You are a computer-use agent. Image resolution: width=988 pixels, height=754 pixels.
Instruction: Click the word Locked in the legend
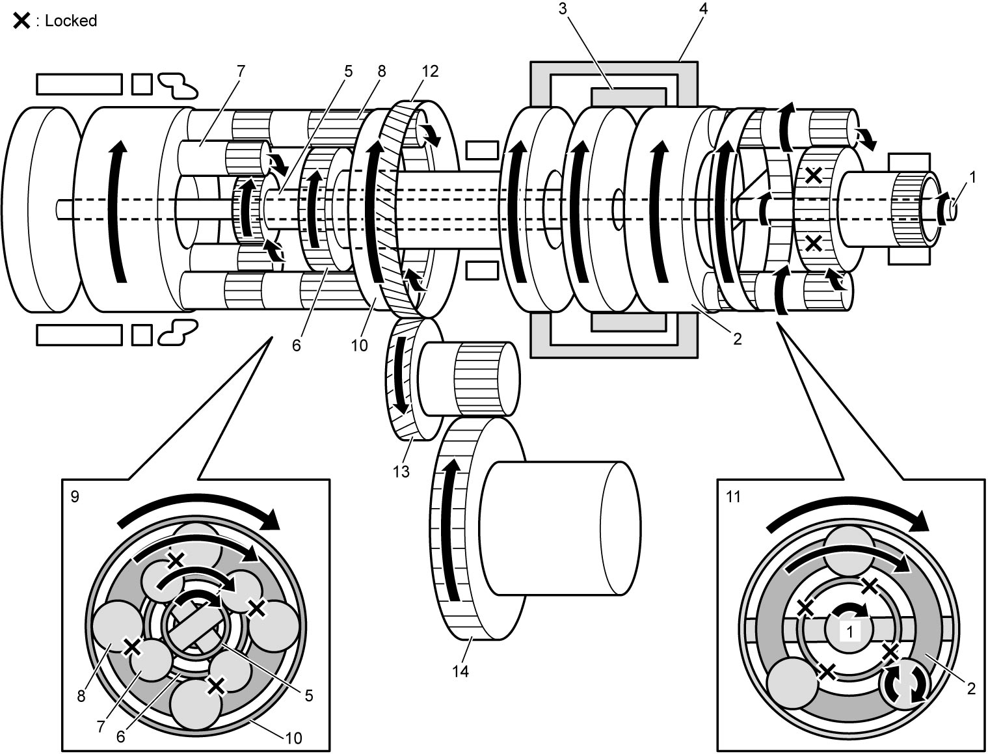[x=71, y=21]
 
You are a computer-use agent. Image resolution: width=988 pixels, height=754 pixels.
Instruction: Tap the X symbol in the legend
[x=21, y=21]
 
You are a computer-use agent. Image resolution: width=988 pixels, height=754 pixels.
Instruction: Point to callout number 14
[x=461, y=672]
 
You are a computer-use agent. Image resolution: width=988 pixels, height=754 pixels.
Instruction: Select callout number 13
[x=401, y=471]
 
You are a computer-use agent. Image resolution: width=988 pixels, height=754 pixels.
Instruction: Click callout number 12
[x=430, y=71]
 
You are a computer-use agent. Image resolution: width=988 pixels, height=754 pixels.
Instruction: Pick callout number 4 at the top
[x=702, y=8]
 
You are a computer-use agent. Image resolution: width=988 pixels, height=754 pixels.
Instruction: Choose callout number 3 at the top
[x=563, y=8]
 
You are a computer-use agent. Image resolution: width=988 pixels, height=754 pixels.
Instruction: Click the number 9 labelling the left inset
[x=75, y=496]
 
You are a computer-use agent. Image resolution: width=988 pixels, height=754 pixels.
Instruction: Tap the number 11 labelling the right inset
[x=733, y=496]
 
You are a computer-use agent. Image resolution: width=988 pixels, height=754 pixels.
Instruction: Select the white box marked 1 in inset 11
[x=849, y=632]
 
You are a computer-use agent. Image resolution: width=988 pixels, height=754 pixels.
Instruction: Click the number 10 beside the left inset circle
[x=293, y=738]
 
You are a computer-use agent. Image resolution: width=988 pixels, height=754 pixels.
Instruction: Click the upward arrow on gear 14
[x=451, y=530]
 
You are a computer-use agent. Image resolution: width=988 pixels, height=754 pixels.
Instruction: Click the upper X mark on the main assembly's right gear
[x=813, y=176]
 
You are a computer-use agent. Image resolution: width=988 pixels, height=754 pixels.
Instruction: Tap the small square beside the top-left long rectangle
[x=142, y=84]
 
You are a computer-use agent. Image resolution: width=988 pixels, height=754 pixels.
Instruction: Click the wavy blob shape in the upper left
[x=179, y=85]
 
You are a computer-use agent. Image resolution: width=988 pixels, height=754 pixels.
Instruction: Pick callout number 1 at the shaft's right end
[x=972, y=178]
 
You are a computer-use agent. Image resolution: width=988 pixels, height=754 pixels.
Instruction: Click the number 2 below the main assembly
[x=738, y=339]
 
